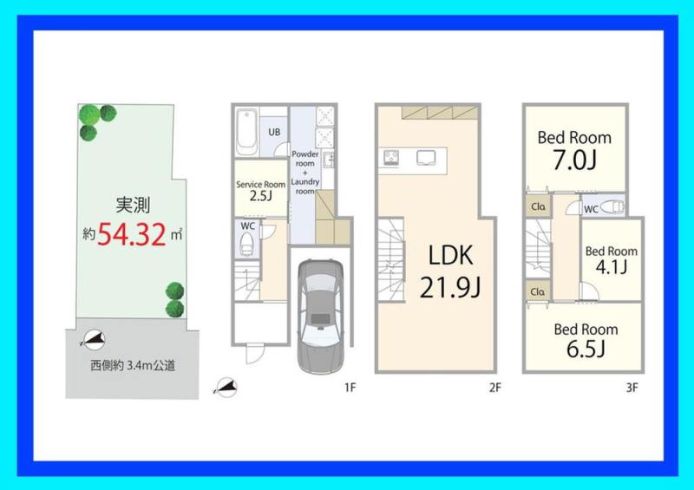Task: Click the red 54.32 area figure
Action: pyautogui.click(x=131, y=233)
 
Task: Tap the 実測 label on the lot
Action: pyautogui.click(x=133, y=205)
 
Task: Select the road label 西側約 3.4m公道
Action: pyautogui.click(x=133, y=366)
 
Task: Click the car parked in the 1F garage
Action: pyautogui.click(x=320, y=316)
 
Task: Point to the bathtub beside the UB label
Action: pyautogui.click(x=247, y=133)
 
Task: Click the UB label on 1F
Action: pyautogui.click(x=274, y=132)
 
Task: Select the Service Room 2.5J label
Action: pyautogui.click(x=261, y=190)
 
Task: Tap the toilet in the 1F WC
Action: pyautogui.click(x=246, y=244)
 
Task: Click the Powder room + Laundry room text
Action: pyautogui.click(x=305, y=173)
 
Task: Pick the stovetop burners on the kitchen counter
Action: pyautogui.click(x=391, y=158)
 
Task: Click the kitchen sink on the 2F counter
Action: pyautogui.click(x=426, y=158)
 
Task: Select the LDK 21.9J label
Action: pyautogui.click(x=450, y=271)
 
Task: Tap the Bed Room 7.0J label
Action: pyautogui.click(x=574, y=150)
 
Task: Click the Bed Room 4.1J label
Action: pyautogui.click(x=612, y=259)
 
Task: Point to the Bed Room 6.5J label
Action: pyautogui.click(x=586, y=339)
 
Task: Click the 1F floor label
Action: pyautogui.click(x=350, y=388)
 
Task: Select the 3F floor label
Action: pyautogui.click(x=632, y=388)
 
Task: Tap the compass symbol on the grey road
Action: pyautogui.click(x=94, y=340)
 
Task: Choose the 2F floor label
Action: pyautogui.click(x=495, y=388)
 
